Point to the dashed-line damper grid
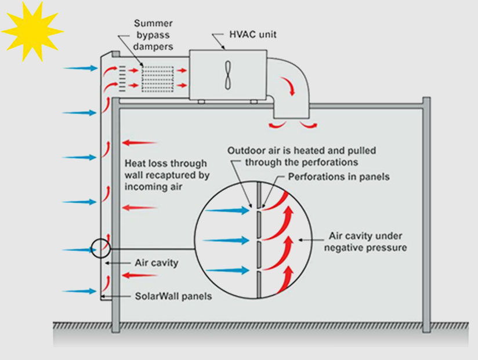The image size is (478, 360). click(158, 77)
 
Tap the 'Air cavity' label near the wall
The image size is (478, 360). click(157, 263)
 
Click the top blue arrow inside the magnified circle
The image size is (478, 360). click(227, 210)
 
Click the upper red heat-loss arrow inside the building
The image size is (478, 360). click(139, 142)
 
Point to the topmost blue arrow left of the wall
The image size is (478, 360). click(81, 68)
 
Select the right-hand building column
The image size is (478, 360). click(426, 214)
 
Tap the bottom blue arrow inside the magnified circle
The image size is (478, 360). click(227, 270)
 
